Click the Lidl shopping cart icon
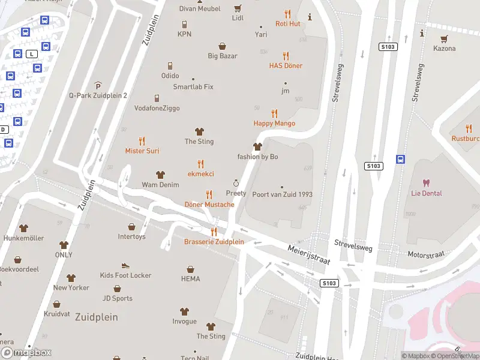click(238, 8)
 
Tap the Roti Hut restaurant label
click(287, 23)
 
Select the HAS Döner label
click(286, 65)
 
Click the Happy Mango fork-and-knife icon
click(275, 113)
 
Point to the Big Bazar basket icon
click(223, 46)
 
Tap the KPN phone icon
click(184, 24)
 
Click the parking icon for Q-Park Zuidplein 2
click(98, 85)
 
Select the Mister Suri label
click(142, 151)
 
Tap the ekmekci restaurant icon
click(200, 163)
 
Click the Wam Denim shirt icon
click(160, 175)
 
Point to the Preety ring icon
click(236, 183)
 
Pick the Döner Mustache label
click(209, 205)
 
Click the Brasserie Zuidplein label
click(214, 242)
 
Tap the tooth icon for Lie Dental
click(427, 183)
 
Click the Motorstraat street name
click(426, 254)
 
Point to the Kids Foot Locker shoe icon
click(125, 265)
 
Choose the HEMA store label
click(190, 279)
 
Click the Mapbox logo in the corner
click(26, 353)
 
